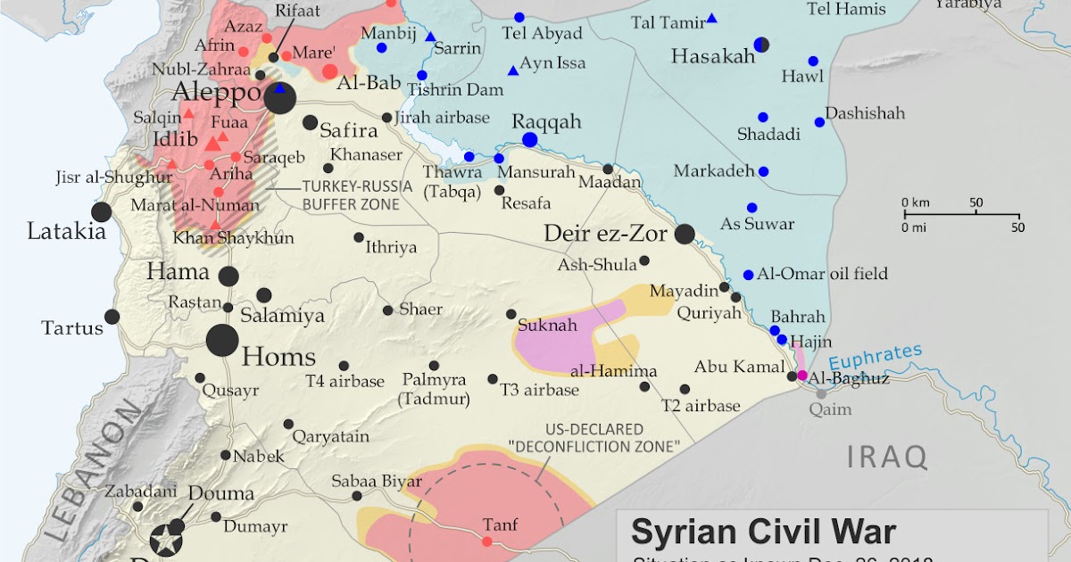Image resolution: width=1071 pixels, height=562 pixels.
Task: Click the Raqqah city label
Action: [546, 122]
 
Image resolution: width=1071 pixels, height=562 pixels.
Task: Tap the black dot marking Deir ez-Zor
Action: [685, 235]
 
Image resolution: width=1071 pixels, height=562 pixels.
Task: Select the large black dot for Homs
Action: [222, 340]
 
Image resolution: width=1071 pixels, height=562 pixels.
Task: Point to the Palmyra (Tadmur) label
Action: [434, 390]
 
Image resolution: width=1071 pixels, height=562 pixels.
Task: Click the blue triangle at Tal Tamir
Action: [711, 18]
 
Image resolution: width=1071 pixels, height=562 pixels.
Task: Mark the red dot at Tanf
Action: [486, 541]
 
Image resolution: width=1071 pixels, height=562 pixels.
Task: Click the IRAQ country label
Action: [887, 458]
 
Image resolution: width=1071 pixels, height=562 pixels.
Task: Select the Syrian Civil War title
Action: [763, 533]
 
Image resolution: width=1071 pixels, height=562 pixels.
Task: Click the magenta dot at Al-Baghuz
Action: [801, 376]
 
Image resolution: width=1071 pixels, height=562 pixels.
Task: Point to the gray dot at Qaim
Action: [821, 393]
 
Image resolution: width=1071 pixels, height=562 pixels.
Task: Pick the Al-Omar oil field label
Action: [822, 275]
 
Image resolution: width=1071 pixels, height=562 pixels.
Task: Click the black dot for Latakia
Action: [102, 212]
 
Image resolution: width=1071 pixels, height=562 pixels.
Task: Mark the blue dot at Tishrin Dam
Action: [422, 75]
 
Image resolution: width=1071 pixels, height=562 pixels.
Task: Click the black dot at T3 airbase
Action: [493, 379]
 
